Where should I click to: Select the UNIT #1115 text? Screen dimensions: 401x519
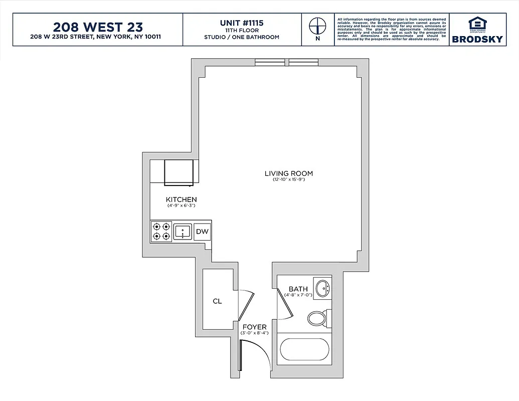(241, 23)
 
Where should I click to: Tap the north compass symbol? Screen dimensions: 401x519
(317, 26)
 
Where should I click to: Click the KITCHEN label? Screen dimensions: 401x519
(181, 199)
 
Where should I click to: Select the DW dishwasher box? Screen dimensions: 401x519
(202, 232)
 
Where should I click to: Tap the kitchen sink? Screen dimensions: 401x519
(183, 232)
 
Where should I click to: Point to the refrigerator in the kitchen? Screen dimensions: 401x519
(179, 172)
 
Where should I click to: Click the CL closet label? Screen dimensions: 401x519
(217, 301)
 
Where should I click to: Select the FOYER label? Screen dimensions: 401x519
(255, 327)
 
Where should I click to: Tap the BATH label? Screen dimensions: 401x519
(298, 289)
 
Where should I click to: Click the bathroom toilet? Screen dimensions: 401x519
(317, 318)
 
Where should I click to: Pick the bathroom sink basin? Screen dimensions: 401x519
(322, 288)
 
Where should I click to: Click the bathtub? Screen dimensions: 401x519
(305, 349)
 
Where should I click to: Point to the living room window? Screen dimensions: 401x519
(286, 62)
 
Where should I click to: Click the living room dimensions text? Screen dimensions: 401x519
(288, 179)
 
